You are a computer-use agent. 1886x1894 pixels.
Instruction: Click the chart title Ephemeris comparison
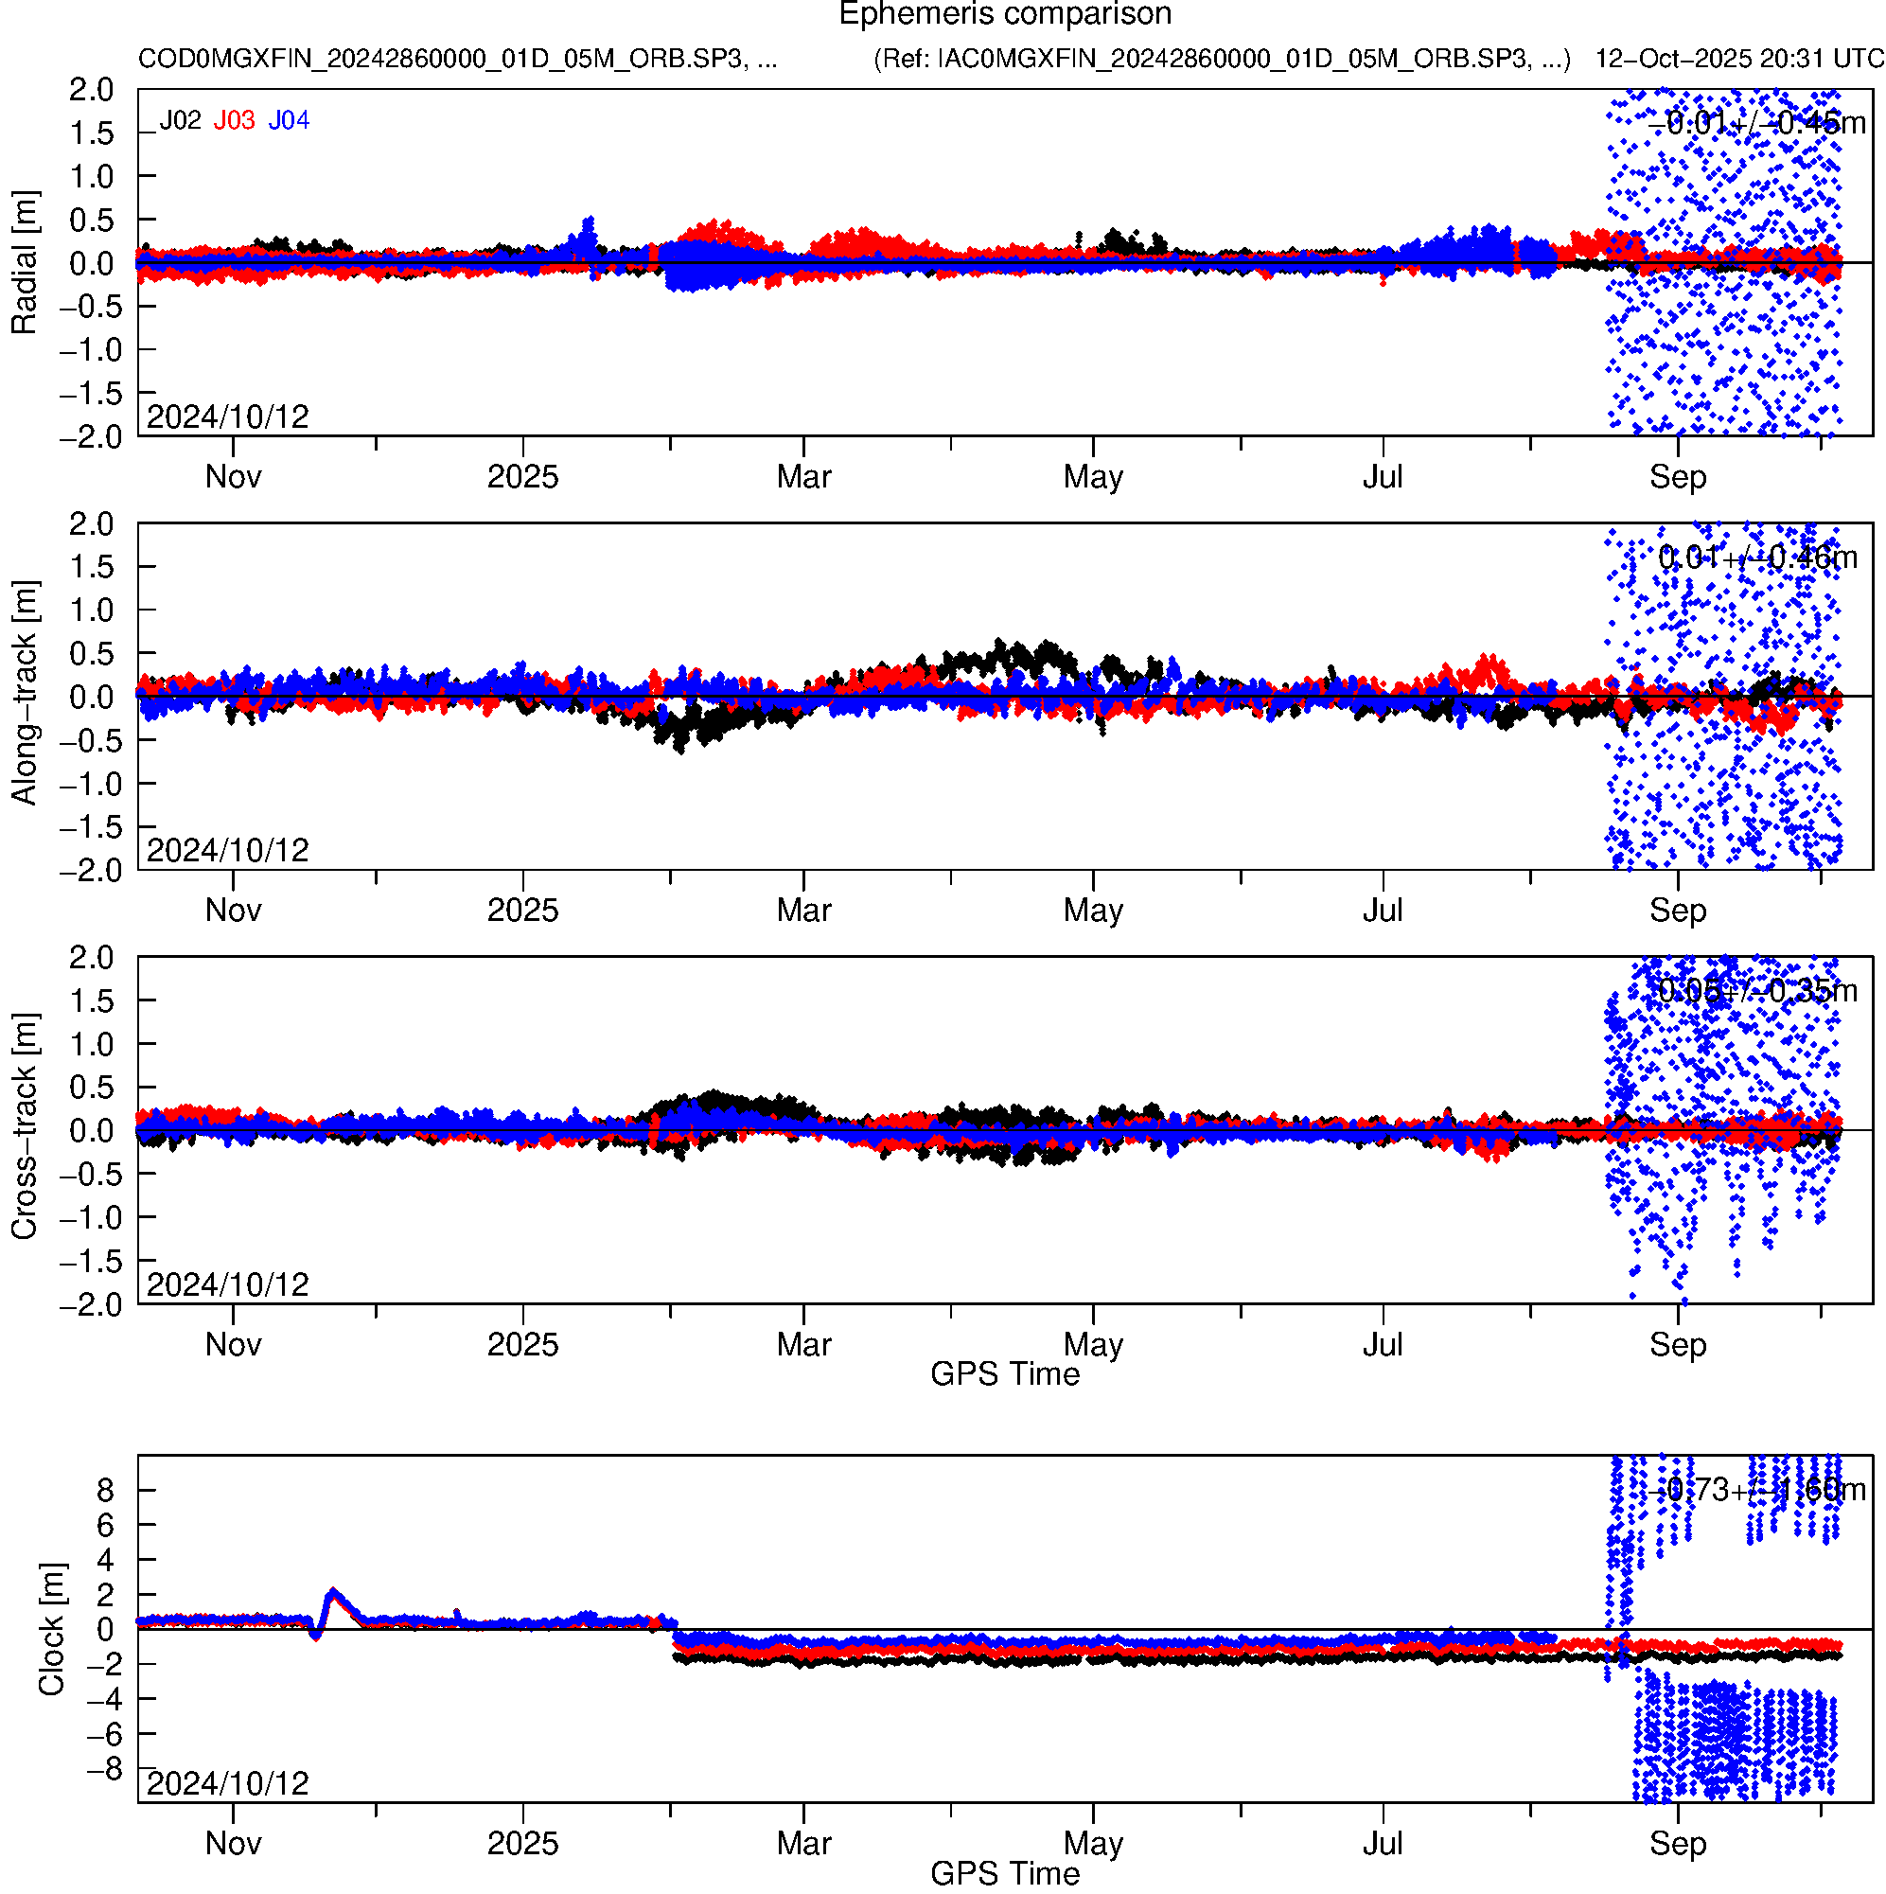click(1005, 15)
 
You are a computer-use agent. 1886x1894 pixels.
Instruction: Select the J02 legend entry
click(181, 120)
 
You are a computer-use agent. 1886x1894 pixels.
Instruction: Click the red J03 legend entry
click(235, 120)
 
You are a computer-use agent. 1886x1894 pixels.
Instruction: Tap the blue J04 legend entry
click(290, 120)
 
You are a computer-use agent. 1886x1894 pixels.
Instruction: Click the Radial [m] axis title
click(24, 263)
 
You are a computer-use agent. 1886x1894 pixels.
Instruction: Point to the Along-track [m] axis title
click(24, 694)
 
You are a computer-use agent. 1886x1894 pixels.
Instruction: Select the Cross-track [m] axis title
click(24, 1127)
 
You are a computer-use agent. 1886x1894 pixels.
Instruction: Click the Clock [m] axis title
click(51, 1628)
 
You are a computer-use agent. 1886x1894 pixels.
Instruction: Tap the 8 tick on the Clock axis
click(105, 1490)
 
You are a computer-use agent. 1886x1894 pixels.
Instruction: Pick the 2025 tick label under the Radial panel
click(522, 477)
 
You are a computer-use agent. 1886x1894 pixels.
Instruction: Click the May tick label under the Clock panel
click(1093, 1843)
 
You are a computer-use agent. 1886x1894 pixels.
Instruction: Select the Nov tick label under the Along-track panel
click(234, 911)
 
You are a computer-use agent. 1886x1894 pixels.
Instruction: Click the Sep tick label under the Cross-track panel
click(1677, 1344)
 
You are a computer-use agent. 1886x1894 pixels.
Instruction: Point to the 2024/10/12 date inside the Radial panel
click(227, 417)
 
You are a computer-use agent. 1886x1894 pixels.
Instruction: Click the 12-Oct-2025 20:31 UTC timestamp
click(1739, 59)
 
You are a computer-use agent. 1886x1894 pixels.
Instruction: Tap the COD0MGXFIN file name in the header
click(457, 59)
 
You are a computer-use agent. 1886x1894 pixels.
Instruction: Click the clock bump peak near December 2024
click(334, 1593)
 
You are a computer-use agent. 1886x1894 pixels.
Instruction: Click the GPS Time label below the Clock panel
click(1005, 1873)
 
